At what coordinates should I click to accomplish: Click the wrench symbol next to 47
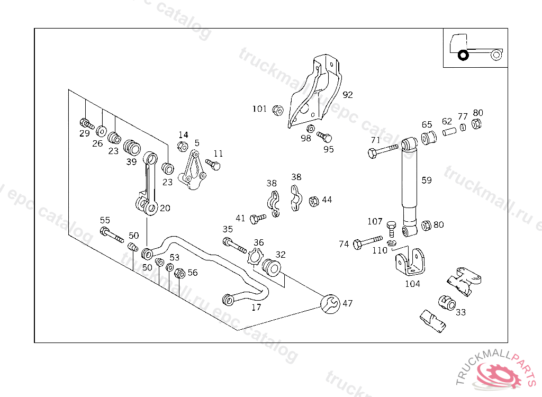(330, 303)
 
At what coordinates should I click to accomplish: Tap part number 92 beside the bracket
(347, 95)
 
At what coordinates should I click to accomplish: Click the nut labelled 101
(277, 110)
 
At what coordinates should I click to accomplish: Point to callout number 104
(412, 284)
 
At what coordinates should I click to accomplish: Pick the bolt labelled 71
(382, 151)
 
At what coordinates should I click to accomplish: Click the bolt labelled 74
(367, 242)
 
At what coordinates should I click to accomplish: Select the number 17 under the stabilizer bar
(256, 307)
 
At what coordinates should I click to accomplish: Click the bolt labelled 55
(111, 234)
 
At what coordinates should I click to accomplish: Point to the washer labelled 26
(101, 130)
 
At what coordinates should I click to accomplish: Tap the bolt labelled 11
(213, 165)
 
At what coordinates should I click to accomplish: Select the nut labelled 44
(313, 201)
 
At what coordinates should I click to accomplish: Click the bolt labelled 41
(258, 218)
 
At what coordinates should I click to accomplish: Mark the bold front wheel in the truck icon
(463, 55)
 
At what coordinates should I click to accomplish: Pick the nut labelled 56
(179, 273)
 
